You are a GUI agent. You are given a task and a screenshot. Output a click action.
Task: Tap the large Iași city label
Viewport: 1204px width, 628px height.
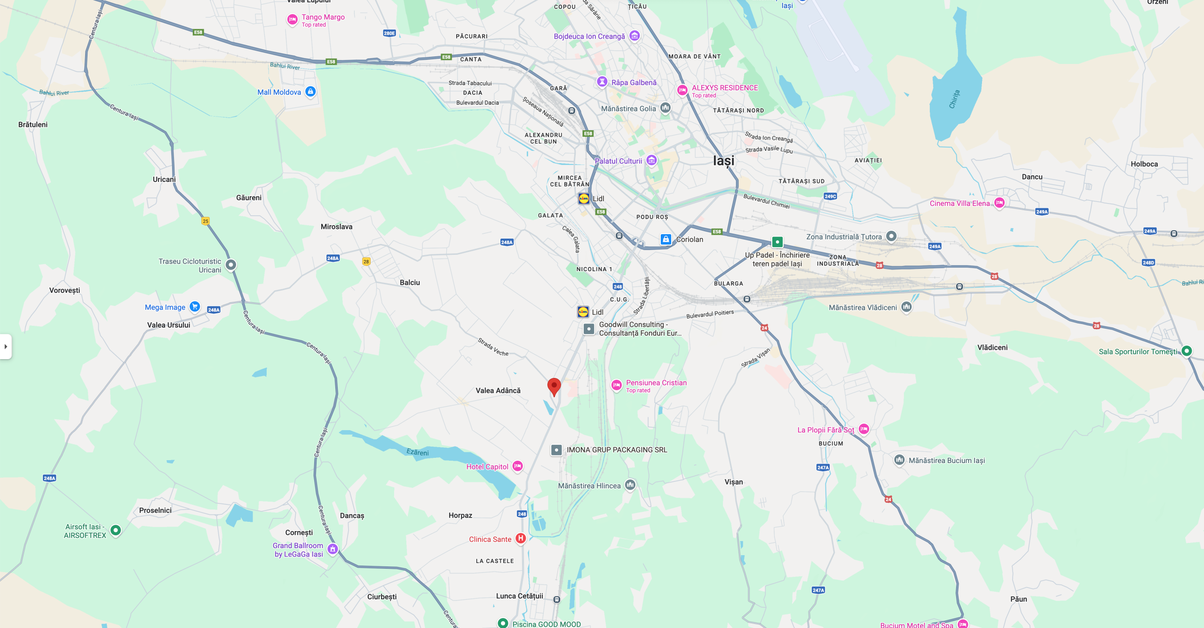[x=723, y=161]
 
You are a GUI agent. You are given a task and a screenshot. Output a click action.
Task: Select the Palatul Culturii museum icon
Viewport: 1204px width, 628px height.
[x=651, y=161]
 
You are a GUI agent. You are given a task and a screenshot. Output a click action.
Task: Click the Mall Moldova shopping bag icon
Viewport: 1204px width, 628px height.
[x=310, y=92]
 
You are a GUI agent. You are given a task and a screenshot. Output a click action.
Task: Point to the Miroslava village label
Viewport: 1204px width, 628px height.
[x=336, y=227]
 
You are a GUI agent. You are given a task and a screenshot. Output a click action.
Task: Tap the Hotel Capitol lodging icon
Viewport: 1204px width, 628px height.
[x=517, y=466]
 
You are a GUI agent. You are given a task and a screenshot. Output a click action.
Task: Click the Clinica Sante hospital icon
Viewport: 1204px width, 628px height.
[x=520, y=539]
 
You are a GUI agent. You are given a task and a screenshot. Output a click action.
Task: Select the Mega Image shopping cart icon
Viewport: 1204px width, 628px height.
[x=195, y=307]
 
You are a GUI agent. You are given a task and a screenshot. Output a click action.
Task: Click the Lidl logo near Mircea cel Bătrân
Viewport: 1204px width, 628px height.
[x=584, y=198]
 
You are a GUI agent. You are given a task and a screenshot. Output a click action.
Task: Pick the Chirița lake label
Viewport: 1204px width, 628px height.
[x=954, y=99]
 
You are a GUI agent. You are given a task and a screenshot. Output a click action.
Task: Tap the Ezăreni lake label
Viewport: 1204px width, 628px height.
[x=418, y=452]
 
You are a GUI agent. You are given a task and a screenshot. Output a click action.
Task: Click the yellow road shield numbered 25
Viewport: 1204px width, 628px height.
[x=206, y=221]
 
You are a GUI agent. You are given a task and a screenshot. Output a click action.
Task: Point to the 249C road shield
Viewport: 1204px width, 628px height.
[x=830, y=196]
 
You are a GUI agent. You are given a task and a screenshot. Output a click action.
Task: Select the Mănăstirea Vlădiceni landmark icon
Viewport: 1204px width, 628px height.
[x=906, y=307]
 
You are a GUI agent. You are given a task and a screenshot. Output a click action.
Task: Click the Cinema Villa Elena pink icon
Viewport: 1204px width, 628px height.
[x=999, y=203]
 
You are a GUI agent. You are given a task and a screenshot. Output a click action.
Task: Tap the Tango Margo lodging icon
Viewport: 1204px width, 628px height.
[x=292, y=20]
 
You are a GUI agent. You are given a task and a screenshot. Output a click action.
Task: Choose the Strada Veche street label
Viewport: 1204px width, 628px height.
[x=493, y=347]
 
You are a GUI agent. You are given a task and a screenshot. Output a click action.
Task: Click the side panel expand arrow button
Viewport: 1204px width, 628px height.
[x=6, y=346]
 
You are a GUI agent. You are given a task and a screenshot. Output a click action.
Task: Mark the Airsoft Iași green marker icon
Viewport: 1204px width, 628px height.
[x=116, y=530]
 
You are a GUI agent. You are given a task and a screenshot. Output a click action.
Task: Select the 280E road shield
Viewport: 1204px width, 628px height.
[x=389, y=33]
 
